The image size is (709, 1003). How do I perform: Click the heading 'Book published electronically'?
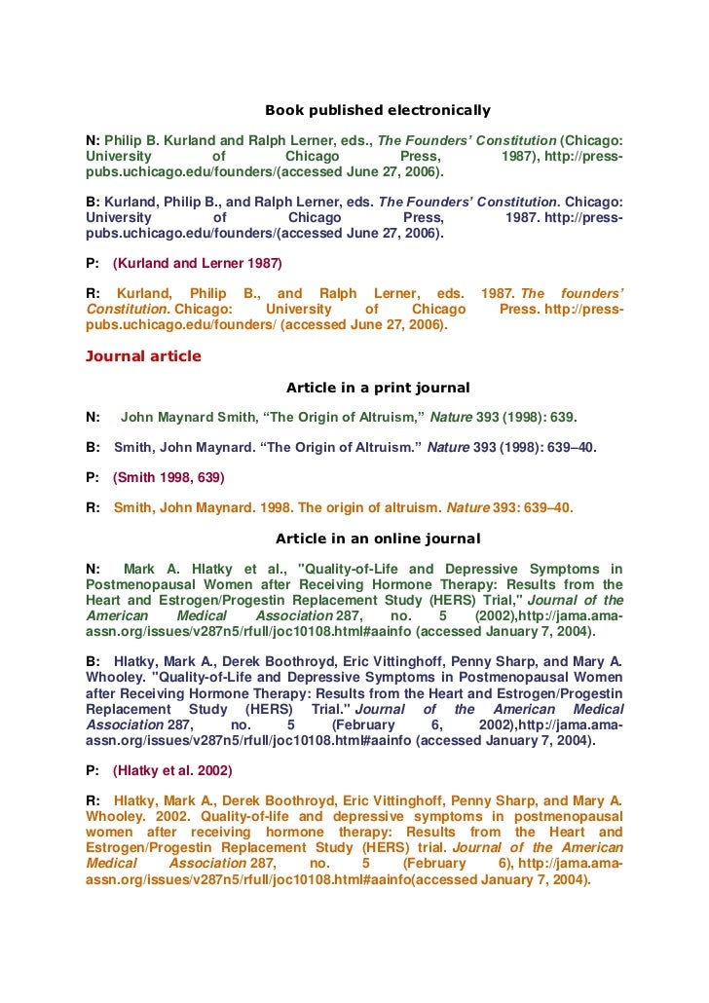[x=378, y=110]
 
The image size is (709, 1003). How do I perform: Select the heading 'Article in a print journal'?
[x=378, y=388]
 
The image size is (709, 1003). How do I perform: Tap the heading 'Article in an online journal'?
[x=378, y=539]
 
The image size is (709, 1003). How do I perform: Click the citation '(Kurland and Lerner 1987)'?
[x=198, y=263]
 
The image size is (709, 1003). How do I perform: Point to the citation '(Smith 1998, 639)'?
[x=168, y=477]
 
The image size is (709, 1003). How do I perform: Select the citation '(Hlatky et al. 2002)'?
[x=172, y=770]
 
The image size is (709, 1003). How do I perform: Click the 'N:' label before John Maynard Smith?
[x=93, y=418]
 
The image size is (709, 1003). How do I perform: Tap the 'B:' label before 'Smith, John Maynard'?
[x=93, y=448]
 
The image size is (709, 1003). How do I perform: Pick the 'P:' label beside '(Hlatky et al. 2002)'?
[x=93, y=770]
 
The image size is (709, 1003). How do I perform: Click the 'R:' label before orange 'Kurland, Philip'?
[x=93, y=293]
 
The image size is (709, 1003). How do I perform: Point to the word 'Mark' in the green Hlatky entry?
[x=140, y=569]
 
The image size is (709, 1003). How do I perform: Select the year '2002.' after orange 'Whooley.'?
[x=171, y=816]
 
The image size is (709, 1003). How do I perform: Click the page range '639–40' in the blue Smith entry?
[x=570, y=448]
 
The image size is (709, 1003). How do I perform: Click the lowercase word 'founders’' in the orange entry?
[x=593, y=293]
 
